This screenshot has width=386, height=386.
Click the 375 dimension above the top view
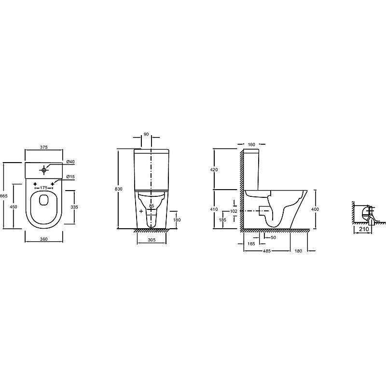43,147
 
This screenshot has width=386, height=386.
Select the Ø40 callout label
70,162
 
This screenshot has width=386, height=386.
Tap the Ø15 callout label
70,177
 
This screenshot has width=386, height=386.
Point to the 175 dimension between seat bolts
43,188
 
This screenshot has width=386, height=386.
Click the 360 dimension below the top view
43,239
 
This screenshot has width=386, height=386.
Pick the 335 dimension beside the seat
74,207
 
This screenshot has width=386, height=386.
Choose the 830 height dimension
119,189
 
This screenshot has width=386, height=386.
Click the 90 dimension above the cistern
146,134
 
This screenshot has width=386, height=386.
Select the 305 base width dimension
152,240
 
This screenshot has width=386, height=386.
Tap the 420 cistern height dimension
214,170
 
